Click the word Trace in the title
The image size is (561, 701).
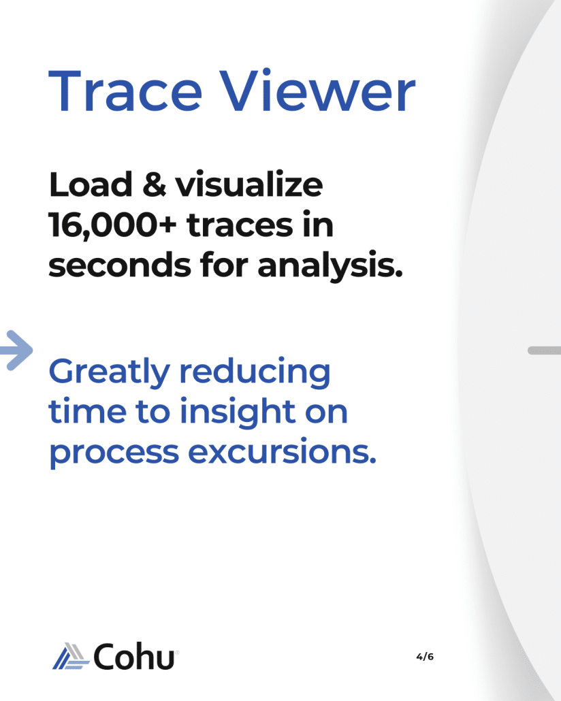pyautogui.click(x=126, y=91)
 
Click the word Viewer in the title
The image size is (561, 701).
pyautogui.click(x=318, y=91)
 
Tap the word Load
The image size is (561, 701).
pyautogui.click(x=91, y=184)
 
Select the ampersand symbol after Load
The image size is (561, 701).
pyautogui.click(x=155, y=184)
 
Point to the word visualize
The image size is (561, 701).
pyautogui.click(x=249, y=184)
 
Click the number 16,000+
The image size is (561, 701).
pyautogui.click(x=113, y=225)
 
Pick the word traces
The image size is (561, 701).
pyautogui.click(x=240, y=225)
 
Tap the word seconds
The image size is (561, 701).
pyautogui.click(x=120, y=265)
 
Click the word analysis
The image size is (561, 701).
pyautogui.click(x=330, y=267)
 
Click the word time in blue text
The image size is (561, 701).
pyautogui.click(x=87, y=411)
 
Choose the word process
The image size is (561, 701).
pyautogui.click(x=114, y=453)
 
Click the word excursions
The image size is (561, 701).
pyautogui.click(x=283, y=451)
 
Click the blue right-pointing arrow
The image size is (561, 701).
pyautogui.click(x=16, y=350)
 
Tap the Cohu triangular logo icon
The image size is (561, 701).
pyautogui.click(x=71, y=656)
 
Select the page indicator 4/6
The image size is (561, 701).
pyautogui.click(x=425, y=656)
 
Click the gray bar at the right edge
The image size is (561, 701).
pyautogui.click(x=545, y=350)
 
